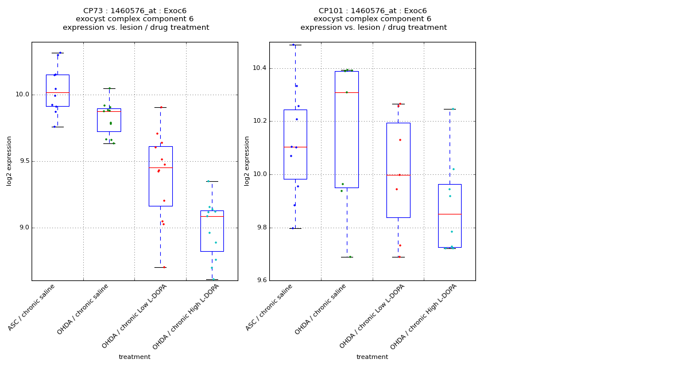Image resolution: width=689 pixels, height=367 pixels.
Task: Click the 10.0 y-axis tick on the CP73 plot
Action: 22,95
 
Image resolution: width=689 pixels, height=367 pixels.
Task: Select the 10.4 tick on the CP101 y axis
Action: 260,68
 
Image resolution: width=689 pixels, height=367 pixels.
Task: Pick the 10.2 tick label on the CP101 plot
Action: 260,121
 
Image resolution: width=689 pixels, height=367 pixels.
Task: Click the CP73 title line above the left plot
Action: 135,11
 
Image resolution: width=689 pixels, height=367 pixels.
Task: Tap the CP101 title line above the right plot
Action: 373,11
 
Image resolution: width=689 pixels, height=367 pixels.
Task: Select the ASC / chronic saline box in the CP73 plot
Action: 57,91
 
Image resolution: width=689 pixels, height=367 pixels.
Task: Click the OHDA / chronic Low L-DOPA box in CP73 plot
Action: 160,176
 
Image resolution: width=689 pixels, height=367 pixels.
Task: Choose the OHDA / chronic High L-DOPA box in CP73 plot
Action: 212,231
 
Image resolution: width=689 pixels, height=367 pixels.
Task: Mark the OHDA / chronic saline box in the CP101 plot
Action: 347,130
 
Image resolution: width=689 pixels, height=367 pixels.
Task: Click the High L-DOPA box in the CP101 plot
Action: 450,216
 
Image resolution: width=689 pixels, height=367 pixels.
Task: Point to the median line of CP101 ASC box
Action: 295,147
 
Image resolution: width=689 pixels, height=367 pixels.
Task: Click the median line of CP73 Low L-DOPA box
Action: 160,167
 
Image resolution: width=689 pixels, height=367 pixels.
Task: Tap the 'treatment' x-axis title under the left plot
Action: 134,357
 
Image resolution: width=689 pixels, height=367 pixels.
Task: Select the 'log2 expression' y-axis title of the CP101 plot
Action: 247,161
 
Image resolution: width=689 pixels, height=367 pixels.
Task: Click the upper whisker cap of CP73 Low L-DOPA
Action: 160,107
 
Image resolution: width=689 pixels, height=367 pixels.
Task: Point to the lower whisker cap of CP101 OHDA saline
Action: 347,257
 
